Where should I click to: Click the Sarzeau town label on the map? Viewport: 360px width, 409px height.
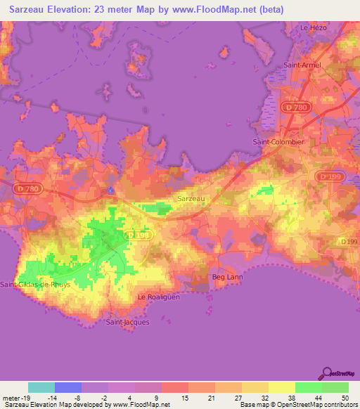[191, 199]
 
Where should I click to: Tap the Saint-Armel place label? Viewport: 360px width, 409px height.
[302, 65]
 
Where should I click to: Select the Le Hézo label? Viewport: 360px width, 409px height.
[314, 27]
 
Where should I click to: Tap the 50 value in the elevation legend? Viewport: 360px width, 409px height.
[345, 398]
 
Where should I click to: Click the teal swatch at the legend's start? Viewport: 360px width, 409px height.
[41, 387]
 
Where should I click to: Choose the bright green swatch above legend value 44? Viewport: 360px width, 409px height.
[308, 387]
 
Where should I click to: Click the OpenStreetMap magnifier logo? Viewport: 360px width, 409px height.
[326, 373]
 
